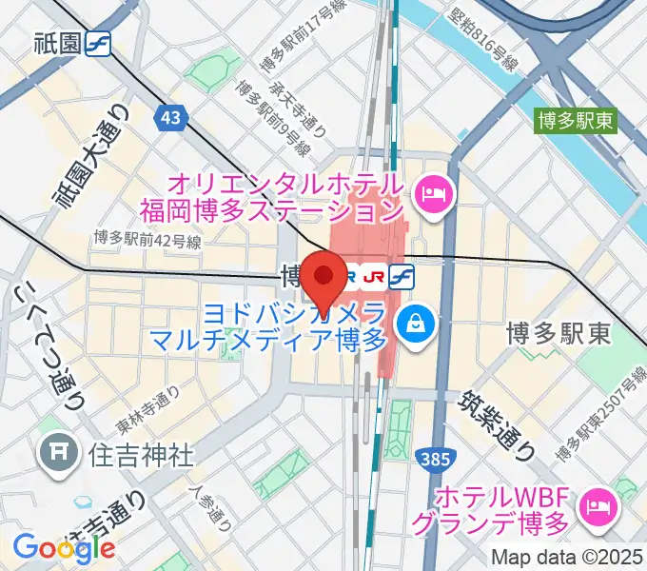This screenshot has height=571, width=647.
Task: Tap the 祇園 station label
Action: coord(56,44)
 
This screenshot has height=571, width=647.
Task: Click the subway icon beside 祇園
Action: coord(98,44)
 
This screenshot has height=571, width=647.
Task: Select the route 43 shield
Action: coord(171,117)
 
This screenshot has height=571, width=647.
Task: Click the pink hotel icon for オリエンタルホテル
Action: coord(438,195)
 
